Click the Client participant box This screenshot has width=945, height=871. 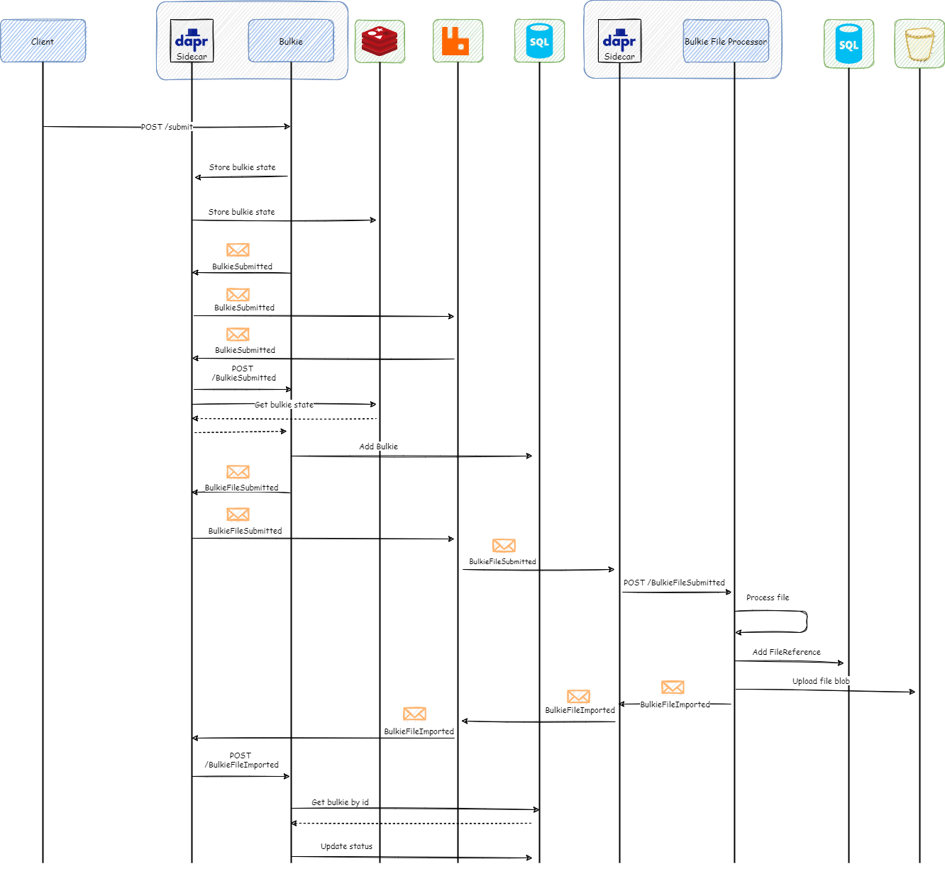tap(43, 41)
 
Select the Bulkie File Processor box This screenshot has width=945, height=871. tap(726, 41)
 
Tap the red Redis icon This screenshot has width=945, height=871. tap(380, 41)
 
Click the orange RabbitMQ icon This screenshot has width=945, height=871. tap(458, 41)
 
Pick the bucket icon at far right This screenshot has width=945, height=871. tap(919, 44)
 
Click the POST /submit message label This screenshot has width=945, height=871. tap(167, 127)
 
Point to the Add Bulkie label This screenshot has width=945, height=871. tap(378, 446)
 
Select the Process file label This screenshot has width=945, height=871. tap(768, 597)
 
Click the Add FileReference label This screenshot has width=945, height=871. tap(786, 652)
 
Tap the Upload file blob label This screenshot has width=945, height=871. tap(821, 681)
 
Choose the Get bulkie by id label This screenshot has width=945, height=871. tap(341, 802)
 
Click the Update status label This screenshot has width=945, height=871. tap(346, 846)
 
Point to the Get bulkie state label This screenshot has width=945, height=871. tap(284, 405)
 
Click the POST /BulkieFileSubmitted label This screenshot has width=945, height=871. tap(674, 583)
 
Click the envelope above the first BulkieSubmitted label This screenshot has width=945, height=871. tap(238, 249)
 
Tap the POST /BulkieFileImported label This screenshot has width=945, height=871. tap(241, 760)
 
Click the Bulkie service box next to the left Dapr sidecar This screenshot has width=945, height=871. tap(291, 41)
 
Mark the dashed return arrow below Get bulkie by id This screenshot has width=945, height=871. tap(411, 824)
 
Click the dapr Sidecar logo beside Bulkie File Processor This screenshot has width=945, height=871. tap(619, 41)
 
